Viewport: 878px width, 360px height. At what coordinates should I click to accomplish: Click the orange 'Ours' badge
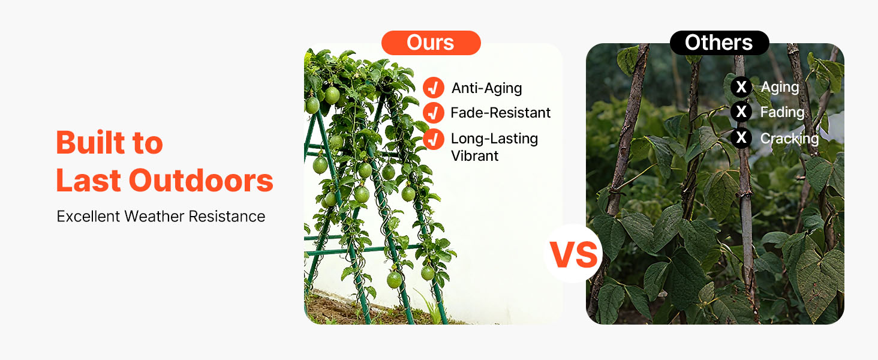[431, 43]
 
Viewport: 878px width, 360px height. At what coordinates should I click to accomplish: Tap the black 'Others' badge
[719, 43]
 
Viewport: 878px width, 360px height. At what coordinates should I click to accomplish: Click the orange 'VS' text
[574, 255]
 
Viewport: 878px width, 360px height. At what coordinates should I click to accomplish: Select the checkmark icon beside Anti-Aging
[434, 88]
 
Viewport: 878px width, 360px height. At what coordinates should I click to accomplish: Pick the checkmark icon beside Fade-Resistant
[434, 113]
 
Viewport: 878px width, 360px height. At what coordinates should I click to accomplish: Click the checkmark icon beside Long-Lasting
[434, 139]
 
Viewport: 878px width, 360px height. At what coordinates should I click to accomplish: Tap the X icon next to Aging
[741, 86]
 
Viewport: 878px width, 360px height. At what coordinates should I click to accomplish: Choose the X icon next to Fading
[741, 112]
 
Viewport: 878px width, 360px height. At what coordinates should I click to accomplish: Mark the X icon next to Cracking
[741, 137]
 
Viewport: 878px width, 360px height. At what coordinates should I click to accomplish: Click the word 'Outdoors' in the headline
[201, 181]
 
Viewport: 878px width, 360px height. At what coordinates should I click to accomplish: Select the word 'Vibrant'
[474, 156]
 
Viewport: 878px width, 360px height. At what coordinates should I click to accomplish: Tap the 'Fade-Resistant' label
[501, 113]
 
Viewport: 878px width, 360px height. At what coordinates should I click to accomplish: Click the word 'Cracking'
[789, 139]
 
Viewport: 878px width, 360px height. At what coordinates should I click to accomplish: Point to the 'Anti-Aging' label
[486, 88]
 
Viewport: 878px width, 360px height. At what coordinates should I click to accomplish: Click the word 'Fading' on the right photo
[783, 112]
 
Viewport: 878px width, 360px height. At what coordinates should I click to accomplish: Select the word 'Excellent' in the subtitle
[88, 216]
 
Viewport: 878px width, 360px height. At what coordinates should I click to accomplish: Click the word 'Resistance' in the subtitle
[227, 216]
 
